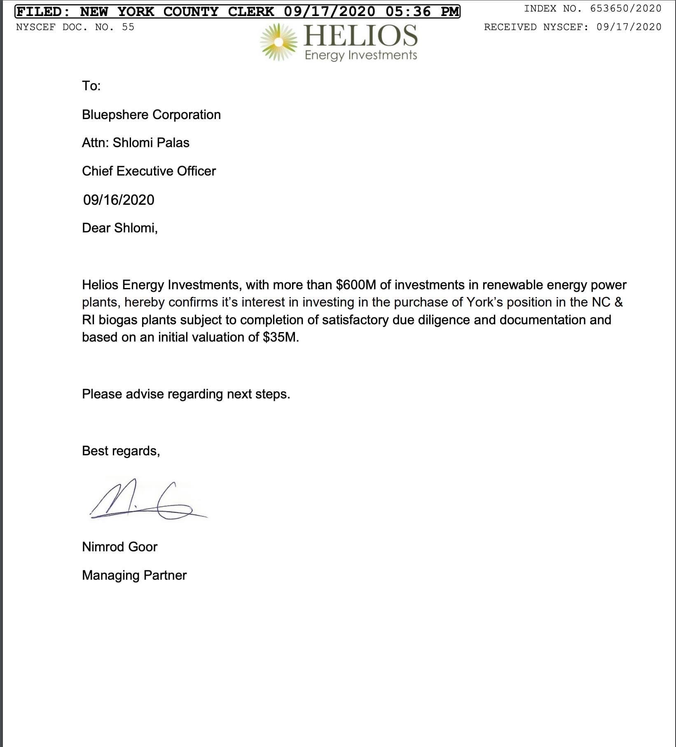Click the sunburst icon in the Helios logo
tap(279, 42)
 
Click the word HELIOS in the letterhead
tap(360, 35)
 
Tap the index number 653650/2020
tap(626, 9)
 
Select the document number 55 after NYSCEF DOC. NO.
tap(128, 27)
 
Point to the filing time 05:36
tap(408, 12)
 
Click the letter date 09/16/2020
tap(119, 200)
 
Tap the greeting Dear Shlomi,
tap(120, 228)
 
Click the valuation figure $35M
tap(281, 337)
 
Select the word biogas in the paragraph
tap(118, 320)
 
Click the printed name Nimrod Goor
tap(120, 547)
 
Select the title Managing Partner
tap(134, 575)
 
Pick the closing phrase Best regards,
tap(121, 451)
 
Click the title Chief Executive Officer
tap(149, 171)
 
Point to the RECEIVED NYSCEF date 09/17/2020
tap(629, 27)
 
